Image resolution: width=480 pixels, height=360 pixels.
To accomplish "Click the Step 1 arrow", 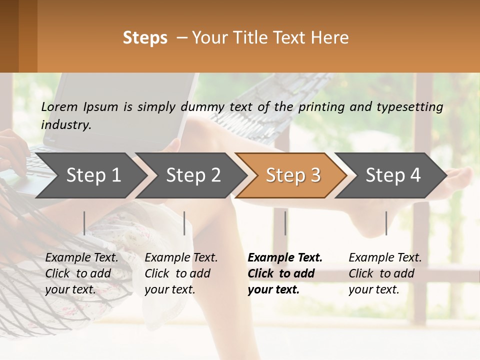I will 92,175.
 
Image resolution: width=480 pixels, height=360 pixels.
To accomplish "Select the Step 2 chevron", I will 193,175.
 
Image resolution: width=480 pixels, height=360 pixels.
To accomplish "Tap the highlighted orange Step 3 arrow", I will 293,175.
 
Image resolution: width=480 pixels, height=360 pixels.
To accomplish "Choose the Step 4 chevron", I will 393,175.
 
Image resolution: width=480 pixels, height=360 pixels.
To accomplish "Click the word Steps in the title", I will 145,38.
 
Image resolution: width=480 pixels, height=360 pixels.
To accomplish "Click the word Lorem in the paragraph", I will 59,107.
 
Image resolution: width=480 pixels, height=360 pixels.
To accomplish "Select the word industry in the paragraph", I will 66,125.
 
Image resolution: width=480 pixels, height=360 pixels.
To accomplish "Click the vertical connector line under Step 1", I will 84,223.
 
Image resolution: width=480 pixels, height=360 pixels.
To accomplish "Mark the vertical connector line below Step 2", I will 184,223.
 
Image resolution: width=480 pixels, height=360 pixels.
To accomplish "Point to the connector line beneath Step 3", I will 285,223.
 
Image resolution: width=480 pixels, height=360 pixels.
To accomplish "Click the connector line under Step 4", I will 386,223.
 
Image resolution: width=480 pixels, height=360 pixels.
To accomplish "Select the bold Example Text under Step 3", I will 285,258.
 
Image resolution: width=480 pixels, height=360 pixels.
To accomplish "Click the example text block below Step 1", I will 81,273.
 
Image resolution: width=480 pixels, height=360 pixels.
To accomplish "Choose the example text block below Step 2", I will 181,273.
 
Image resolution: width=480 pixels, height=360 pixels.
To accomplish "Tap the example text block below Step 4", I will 385,273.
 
